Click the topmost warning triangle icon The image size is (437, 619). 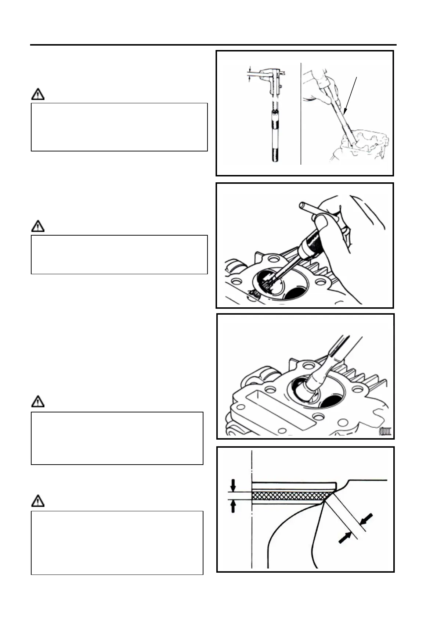[x=37, y=95]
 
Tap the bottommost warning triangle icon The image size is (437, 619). [x=37, y=501]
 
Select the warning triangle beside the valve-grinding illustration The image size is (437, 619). [x=37, y=402]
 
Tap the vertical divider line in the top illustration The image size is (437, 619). [x=301, y=114]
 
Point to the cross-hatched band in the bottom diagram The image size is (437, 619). [x=292, y=496]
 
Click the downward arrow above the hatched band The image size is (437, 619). [x=233, y=485]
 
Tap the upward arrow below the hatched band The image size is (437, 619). [x=233, y=507]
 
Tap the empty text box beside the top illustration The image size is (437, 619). [x=119, y=127]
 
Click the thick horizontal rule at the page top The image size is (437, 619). [x=213, y=45]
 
